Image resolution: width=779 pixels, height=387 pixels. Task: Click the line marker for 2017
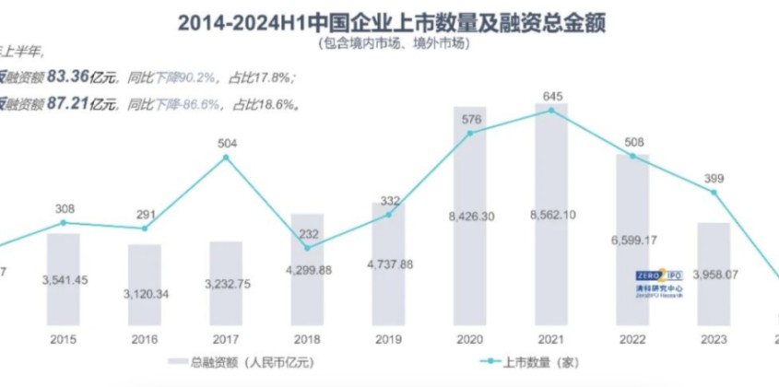click(x=227, y=158)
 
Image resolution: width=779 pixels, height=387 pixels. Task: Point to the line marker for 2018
click(x=308, y=247)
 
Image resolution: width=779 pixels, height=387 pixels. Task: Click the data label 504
click(x=227, y=143)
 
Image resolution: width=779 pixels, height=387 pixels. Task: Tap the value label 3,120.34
click(x=146, y=293)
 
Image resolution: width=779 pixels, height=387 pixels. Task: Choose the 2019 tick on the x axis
click(x=388, y=338)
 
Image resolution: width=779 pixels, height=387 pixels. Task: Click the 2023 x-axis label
click(x=713, y=338)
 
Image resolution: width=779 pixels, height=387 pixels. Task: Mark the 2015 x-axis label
click(x=64, y=338)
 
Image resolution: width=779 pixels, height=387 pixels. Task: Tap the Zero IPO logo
click(x=657, y=280)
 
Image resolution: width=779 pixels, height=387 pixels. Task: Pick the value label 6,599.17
click(x=631, y=240)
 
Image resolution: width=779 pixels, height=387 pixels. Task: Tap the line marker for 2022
click(x=632, y=157)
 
